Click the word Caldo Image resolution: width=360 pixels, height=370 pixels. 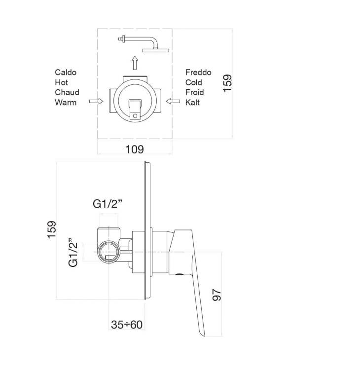66,72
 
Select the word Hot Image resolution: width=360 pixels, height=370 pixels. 61,82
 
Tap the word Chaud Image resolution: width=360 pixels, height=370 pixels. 67,92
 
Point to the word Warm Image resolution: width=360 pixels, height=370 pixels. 66,103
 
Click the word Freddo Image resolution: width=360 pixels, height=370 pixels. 198,72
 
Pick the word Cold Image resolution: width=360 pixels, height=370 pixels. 193,82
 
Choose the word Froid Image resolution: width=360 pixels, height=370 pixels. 194,92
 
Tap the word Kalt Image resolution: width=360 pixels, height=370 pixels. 192,103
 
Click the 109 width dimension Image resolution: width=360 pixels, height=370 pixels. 134,149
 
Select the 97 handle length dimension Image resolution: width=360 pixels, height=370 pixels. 217,295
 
